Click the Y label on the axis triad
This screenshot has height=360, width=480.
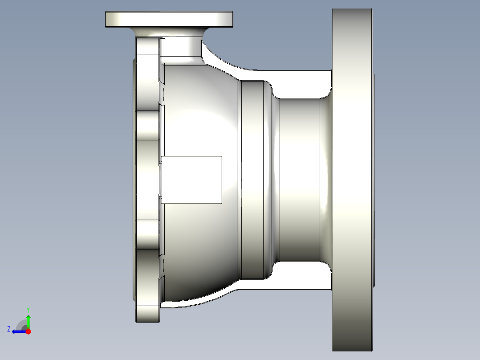coord(28,309)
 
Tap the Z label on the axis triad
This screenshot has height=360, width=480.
coord(9,329)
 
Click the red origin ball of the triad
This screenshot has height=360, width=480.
coord(28,331)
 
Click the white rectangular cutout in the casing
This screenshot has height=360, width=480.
coord(191,180)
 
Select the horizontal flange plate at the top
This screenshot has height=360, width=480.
coord(169,19)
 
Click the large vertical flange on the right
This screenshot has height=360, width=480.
coord(352,178)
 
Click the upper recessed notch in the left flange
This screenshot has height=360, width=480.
coord(147,125)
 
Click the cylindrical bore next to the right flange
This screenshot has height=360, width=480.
coord(298,178)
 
